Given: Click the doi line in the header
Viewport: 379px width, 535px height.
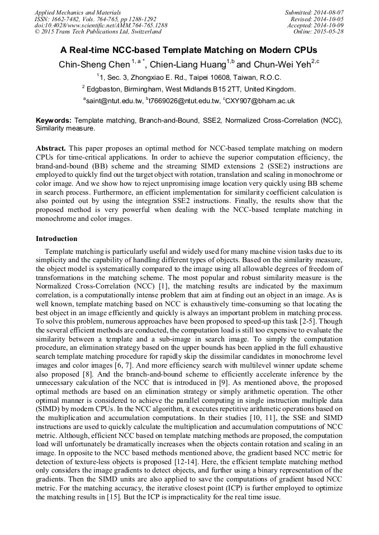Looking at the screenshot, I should tap(101, 25).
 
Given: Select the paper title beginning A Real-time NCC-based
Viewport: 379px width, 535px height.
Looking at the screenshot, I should tap(189, 49).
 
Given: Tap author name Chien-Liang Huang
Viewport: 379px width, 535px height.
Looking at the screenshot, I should tap(183, 64).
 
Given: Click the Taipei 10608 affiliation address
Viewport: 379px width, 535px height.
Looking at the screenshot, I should tap(190, 78).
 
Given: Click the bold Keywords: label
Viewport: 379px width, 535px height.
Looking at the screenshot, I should tap(54, 121).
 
